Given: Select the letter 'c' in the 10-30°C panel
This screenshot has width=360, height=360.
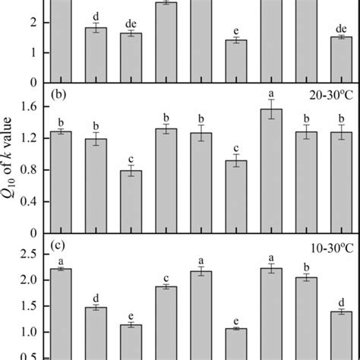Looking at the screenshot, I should [x=166, y=276].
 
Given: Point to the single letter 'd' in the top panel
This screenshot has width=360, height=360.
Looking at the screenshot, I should [x=95, y=17].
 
